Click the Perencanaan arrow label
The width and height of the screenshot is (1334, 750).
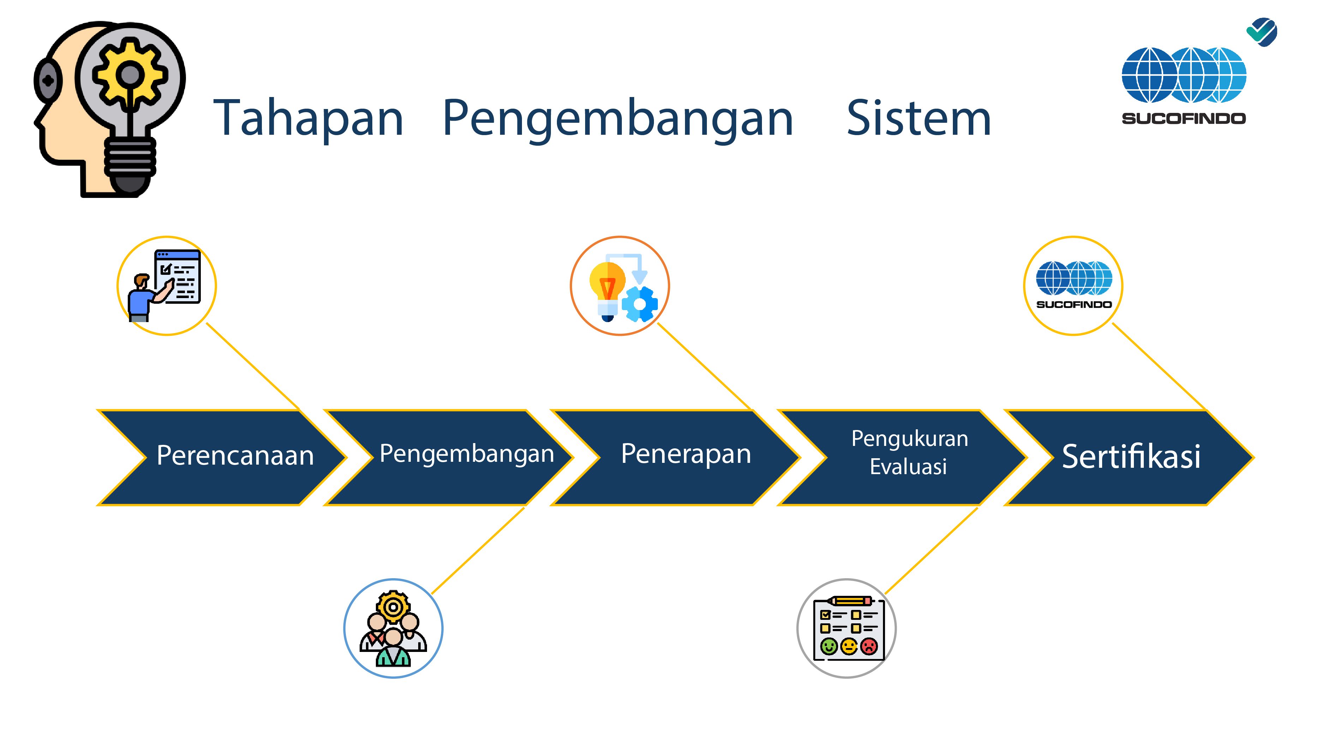coord(235,455)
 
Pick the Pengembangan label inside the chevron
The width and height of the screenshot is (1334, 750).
coord(467,454)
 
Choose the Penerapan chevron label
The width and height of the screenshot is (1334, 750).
coord(686,454)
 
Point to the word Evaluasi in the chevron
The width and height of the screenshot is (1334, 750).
coord(908,467)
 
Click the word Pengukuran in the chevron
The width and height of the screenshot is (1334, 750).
coord(910,439)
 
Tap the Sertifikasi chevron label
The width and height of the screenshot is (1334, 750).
coord(1131,456)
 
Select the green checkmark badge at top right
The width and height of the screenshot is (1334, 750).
coord(1262,32)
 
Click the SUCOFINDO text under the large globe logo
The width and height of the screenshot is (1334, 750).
coord(1184,119)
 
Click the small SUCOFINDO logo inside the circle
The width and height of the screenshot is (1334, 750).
coord(1074,285)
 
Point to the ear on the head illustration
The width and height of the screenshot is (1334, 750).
coord(48,81)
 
